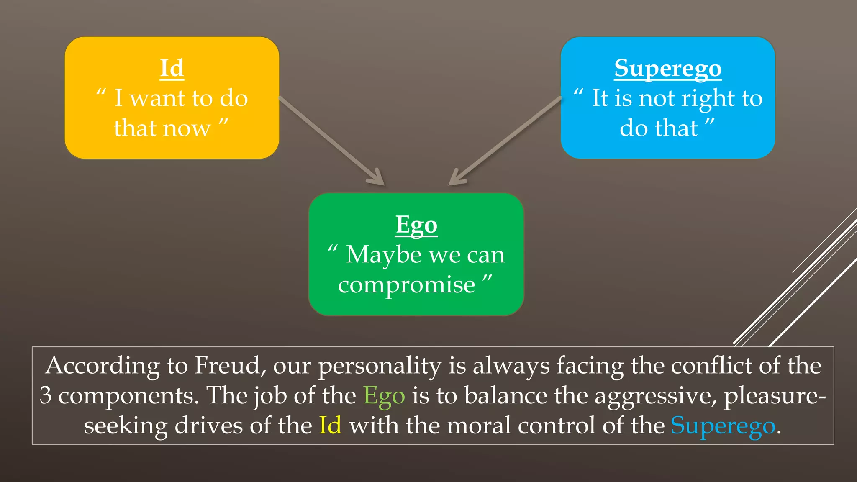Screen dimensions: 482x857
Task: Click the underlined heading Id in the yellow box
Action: coord(172,68)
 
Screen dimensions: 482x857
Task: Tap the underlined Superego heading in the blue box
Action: coord(668,69)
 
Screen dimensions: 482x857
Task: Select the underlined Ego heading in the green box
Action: coord(416,225)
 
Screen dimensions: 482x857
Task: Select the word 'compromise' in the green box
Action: coord(407,285)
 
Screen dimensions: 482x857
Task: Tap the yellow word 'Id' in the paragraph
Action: coord(330,426)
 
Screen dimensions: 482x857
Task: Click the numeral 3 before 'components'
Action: coord(46,396)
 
